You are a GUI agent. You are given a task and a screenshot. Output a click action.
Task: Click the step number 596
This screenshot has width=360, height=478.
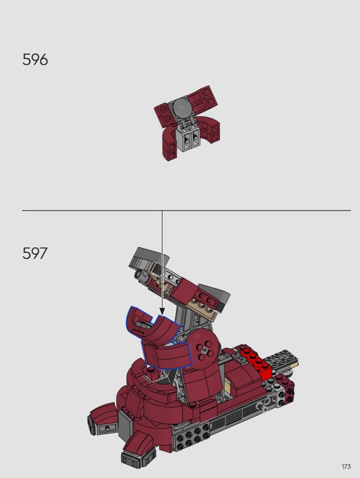point(35,60)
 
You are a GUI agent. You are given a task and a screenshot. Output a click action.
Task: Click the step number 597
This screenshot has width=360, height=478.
point(35,253)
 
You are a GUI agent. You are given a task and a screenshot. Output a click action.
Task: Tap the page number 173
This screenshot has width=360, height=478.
point(346,467)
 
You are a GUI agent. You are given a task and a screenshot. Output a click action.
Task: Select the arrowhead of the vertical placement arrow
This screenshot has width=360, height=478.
point(162,311)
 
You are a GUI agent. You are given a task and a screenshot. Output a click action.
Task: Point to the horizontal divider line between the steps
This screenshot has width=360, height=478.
point(186,210)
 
